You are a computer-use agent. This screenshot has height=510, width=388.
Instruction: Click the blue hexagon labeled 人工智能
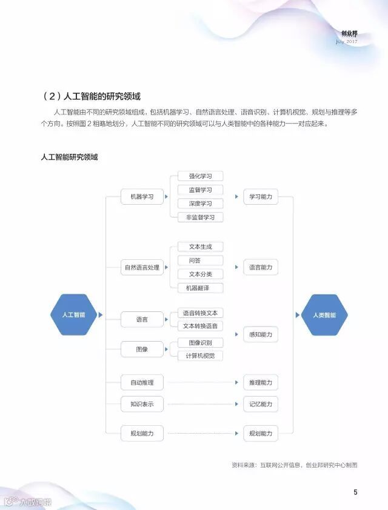[x=73, y=315]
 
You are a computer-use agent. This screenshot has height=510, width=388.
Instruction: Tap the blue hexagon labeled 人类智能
[x=324, y=315]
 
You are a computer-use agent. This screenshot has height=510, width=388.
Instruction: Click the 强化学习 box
[x=200, y=176]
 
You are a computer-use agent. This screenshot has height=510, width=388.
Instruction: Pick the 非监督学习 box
[x=200, y=217]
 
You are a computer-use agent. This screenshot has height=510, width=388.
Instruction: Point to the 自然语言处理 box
[x=142, y=267]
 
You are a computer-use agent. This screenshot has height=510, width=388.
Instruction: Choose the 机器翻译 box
[x=200, y=288]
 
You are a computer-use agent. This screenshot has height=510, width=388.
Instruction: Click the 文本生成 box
[x=200, y=247]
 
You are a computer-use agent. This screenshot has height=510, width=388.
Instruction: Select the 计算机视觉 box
[x=200, y=355]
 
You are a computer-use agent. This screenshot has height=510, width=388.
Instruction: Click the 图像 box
[x=142, y=349]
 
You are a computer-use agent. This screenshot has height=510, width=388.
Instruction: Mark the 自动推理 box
[x=142, y=383]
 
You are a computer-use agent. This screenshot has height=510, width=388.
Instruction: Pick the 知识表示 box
[x=142, y=404]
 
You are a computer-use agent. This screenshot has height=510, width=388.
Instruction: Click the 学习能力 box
[x=261, y=197]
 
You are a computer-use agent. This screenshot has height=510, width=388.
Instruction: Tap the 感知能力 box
[x=261, y=334]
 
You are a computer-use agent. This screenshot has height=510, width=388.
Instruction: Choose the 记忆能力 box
[x=261, y=404]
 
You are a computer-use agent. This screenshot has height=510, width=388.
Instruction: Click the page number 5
[x=355, y=492]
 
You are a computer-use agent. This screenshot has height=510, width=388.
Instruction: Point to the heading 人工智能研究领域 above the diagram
[x=69, y=157]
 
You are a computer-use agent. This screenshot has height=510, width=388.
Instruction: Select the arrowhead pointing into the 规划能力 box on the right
[x=238, y=433]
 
